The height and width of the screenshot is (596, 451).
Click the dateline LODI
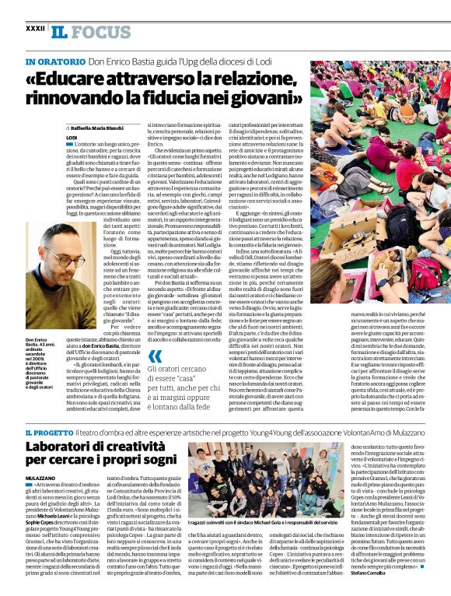[72, 137]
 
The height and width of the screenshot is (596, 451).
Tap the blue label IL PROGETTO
[52, 430]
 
